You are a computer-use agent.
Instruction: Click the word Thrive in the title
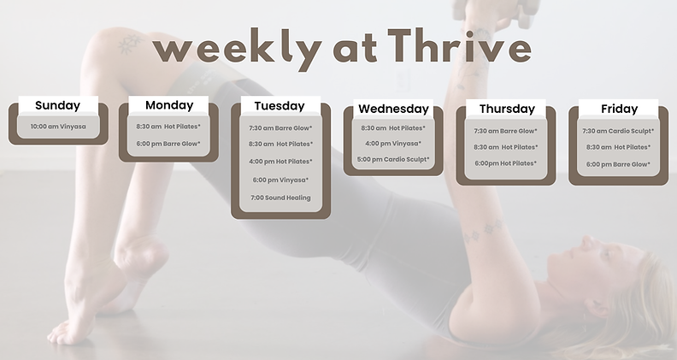[458, 47]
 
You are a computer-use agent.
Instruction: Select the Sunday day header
[57, 106]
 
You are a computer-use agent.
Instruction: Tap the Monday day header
[169, 105]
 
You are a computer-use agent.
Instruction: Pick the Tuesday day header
[280, 106]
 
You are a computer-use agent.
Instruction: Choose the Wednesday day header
[393, 109]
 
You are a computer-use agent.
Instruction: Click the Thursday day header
[507, 109]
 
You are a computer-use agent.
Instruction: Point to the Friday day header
[619, 109]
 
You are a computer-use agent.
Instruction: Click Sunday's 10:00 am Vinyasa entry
[58, 127]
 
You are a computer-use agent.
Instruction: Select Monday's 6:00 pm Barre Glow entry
[168, 144]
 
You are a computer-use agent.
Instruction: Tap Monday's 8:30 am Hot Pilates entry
[168, 127]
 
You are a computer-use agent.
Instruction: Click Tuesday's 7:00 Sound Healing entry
[280, 198]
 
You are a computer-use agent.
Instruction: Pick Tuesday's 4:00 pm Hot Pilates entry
[280, 162]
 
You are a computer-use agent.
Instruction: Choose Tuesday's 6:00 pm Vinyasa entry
[280, 180]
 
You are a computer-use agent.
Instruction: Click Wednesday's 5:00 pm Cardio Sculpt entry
[393, 159]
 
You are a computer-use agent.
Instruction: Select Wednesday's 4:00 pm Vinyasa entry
[393, 144]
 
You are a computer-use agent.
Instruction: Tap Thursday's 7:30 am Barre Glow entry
[506, 131]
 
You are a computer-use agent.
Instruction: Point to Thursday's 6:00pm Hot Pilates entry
[506, 163]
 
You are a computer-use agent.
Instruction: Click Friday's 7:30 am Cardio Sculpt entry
[618, 131]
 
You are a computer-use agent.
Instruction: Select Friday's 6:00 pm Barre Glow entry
[618, 164]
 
